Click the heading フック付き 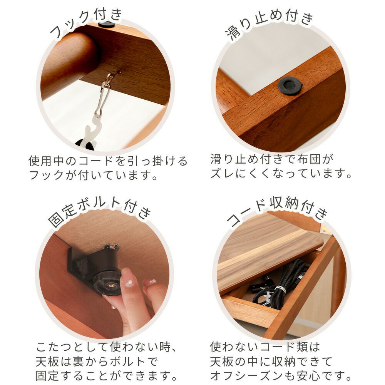86,22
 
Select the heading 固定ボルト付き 99,213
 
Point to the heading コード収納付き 278,211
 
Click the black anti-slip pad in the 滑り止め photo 290,85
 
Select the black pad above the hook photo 106,24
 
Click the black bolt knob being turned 108,282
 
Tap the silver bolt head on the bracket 112,247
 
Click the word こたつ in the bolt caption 54,347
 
